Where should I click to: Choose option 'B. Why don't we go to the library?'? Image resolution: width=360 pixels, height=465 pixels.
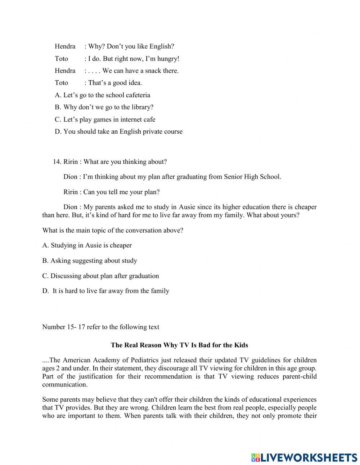click(104, 107)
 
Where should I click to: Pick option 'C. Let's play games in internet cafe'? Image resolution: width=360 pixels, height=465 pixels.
click(105, 120)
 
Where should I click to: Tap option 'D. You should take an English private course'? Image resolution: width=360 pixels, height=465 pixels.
click(118, 132)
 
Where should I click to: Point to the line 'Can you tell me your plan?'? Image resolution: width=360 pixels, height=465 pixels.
click(121, 192)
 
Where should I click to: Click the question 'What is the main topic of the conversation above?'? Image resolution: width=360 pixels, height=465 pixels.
click(113, 231)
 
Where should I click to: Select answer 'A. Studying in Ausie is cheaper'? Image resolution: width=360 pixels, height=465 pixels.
click(87, 246)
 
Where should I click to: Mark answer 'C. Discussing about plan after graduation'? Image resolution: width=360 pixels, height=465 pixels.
click(100, 276)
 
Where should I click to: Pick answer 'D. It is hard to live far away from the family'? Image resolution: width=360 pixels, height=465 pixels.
click(105, 291)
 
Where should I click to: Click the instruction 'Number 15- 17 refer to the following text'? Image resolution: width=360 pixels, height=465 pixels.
click(100, 327)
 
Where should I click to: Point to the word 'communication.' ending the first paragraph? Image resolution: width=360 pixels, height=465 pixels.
click(65, 385)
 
